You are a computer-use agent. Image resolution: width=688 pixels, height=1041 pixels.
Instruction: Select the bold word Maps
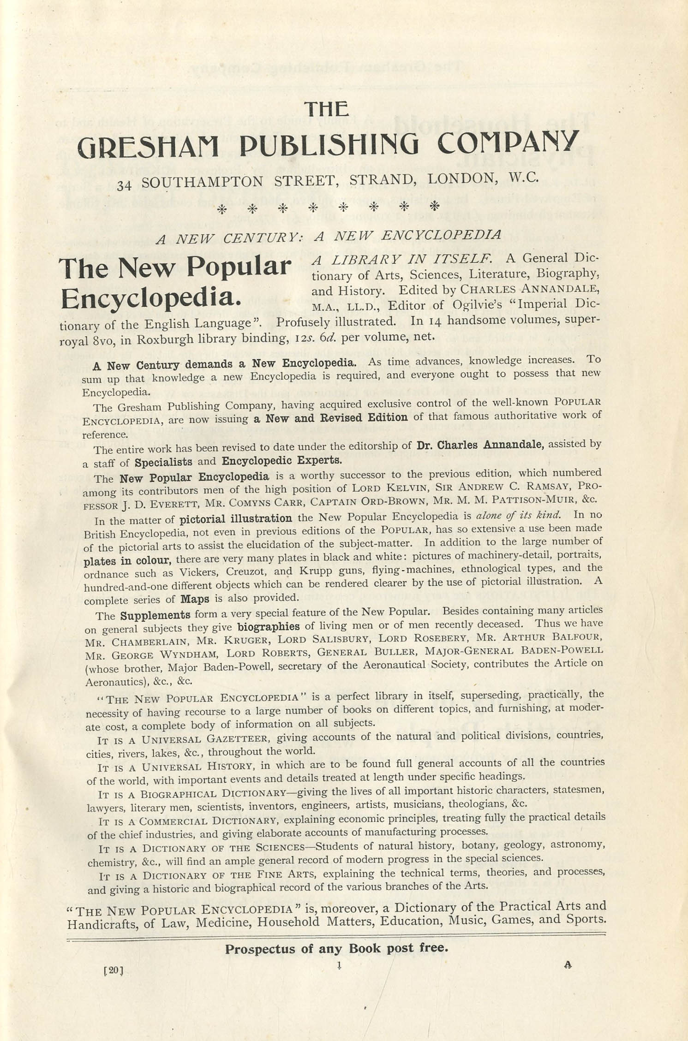[x=195, y=599]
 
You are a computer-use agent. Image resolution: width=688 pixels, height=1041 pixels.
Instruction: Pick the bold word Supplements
[x=155, y=615]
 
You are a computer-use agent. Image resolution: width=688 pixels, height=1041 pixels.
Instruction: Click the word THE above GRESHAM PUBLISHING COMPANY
[x=326, y=109]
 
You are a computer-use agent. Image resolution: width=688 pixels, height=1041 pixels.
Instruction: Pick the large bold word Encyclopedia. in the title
[x=151, y=298]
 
